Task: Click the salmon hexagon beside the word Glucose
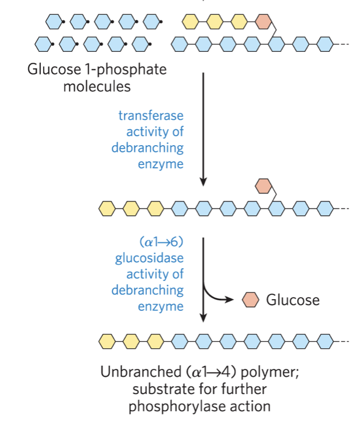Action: click(x=251, y=300)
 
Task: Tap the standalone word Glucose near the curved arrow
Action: click(x=293, y=300)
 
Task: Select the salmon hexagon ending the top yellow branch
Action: click(x=263, y=22)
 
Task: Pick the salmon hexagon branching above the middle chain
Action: click(x=263, y=186)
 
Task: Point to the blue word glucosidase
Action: click(x=149, y=258)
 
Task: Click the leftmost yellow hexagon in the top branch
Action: click(x=190, y=22)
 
